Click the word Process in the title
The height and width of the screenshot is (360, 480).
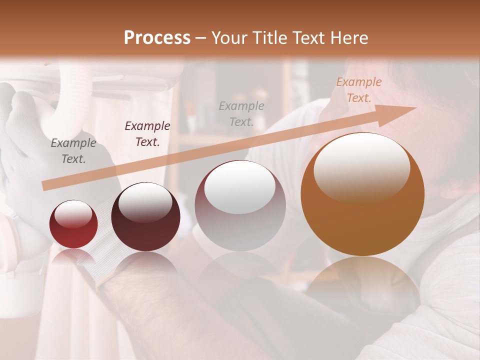coord(157,37)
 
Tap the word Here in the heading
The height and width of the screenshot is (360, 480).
coord(348,37)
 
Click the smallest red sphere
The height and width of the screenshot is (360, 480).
coord(73,224)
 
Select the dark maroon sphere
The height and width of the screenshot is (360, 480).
coord(145,217)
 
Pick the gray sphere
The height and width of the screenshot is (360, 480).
coord(240,205)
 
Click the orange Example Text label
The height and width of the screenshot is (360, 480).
coord(358,90)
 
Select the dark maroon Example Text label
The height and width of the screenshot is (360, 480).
coord(147,133)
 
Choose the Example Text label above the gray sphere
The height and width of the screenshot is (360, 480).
coord(241,113)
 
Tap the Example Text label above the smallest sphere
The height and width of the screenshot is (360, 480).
coord(73,151)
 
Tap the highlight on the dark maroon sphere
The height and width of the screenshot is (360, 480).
coord(145,201)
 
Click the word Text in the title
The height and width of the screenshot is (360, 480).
coord(308,37)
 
